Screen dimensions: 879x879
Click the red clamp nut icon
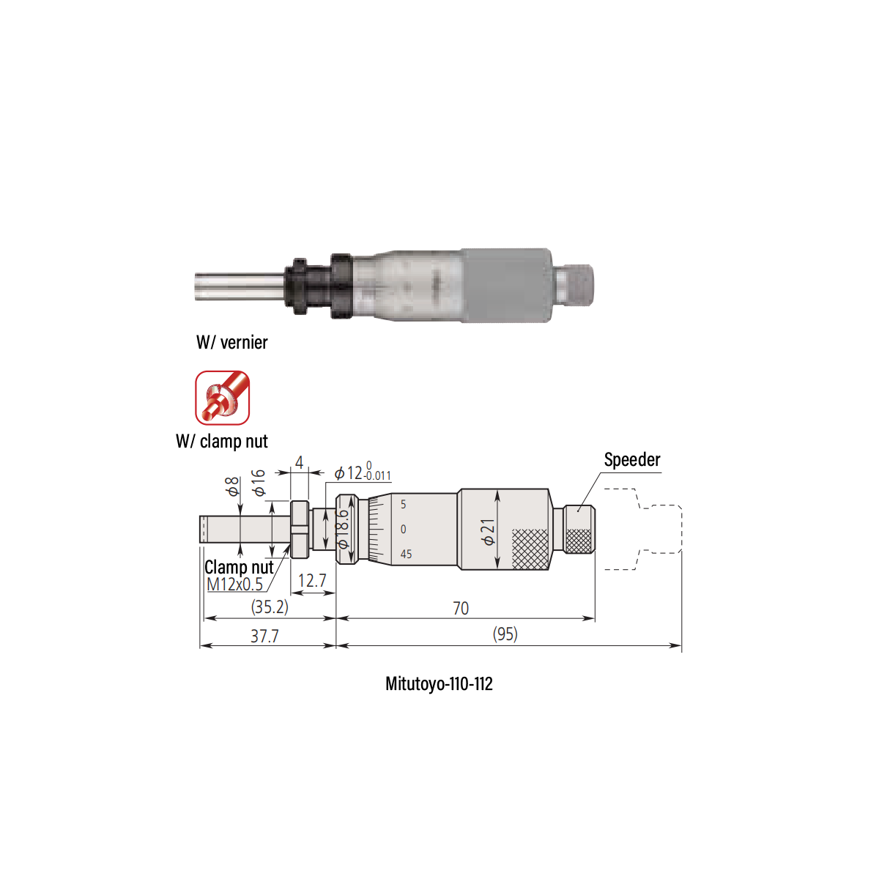tap(222, 397)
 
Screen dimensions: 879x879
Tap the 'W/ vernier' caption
tap(231, 342)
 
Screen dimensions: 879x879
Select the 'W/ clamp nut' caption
tap(222, 441)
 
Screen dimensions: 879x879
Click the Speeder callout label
tap(631, 460)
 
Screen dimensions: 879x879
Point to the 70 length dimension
tap(461, 608)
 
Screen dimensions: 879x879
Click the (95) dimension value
tap(505, 634)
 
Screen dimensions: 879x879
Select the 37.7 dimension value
tap(264, 636)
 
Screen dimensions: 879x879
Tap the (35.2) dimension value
tap(270, 607)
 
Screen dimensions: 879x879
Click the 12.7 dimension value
tap(312, 581)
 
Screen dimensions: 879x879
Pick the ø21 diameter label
tap(488, 531)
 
